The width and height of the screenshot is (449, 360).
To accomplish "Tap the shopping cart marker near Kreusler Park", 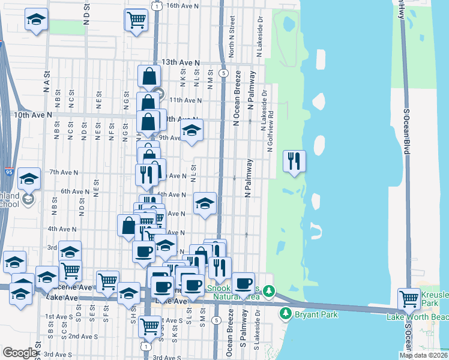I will (409, 298).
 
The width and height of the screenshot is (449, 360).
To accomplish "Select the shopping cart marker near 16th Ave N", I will (136, 20).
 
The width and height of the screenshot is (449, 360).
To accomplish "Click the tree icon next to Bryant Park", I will (286, 314).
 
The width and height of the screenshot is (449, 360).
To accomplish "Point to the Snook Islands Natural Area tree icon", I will (270, 292).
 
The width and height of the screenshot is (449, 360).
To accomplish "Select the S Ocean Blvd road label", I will (406, 132).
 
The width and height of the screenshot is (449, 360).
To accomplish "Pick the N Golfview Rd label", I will (271, 131).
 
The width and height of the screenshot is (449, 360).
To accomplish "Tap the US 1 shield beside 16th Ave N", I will (157, 5).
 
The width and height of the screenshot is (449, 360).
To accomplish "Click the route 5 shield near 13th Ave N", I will (223, 73).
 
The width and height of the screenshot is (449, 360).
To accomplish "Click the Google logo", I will (20, 353).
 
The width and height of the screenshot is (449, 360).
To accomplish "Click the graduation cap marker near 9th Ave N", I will (192, 130).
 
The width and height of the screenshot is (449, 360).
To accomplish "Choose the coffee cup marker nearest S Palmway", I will (243, 283).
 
